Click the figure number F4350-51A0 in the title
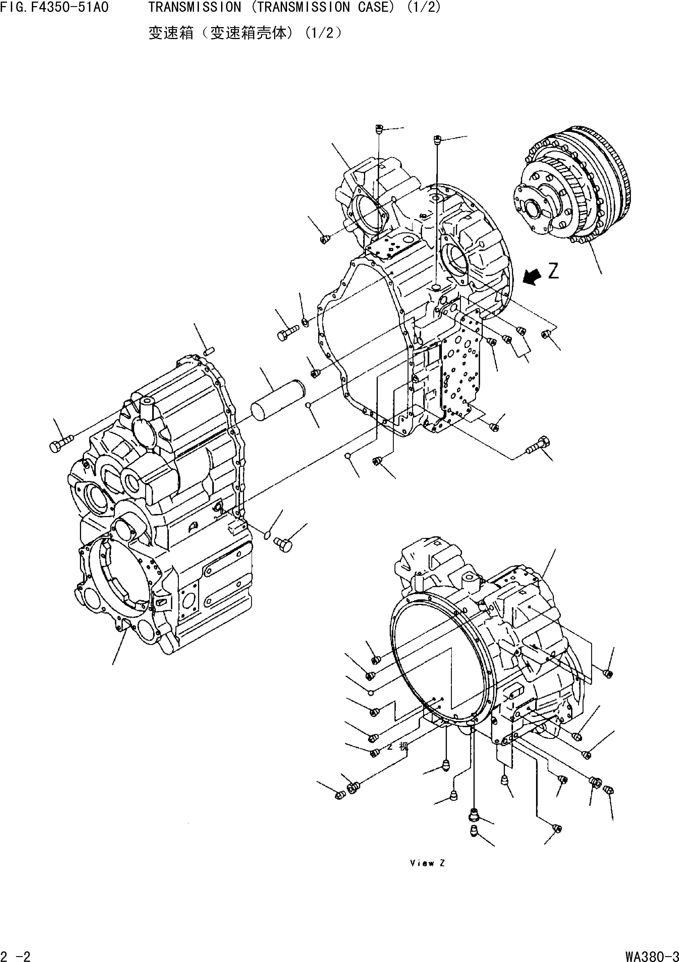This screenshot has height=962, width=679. [69, 7]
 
